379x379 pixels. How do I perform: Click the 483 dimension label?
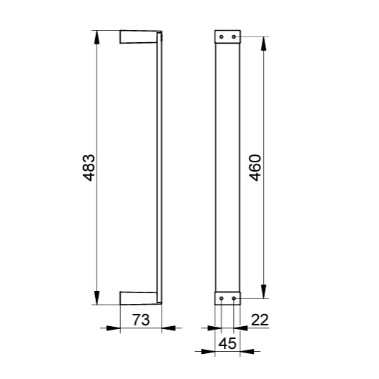[x=89, y=168]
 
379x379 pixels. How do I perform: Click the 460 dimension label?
[x=255, y=168]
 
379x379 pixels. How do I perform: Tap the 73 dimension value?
[x=141, y=320]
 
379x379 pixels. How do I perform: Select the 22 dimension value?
[x=260, y=320]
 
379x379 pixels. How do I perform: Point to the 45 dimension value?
[x=227, y=343]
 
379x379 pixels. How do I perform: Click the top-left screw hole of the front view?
[x=221, y=36]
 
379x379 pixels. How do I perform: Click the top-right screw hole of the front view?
[x=234, y=36]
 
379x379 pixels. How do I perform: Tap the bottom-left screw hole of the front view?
[x=221, y=298]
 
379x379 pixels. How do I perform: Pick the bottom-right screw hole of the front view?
[x=234, y=298]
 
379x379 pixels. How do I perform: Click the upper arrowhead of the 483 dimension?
[x=97, y=37]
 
